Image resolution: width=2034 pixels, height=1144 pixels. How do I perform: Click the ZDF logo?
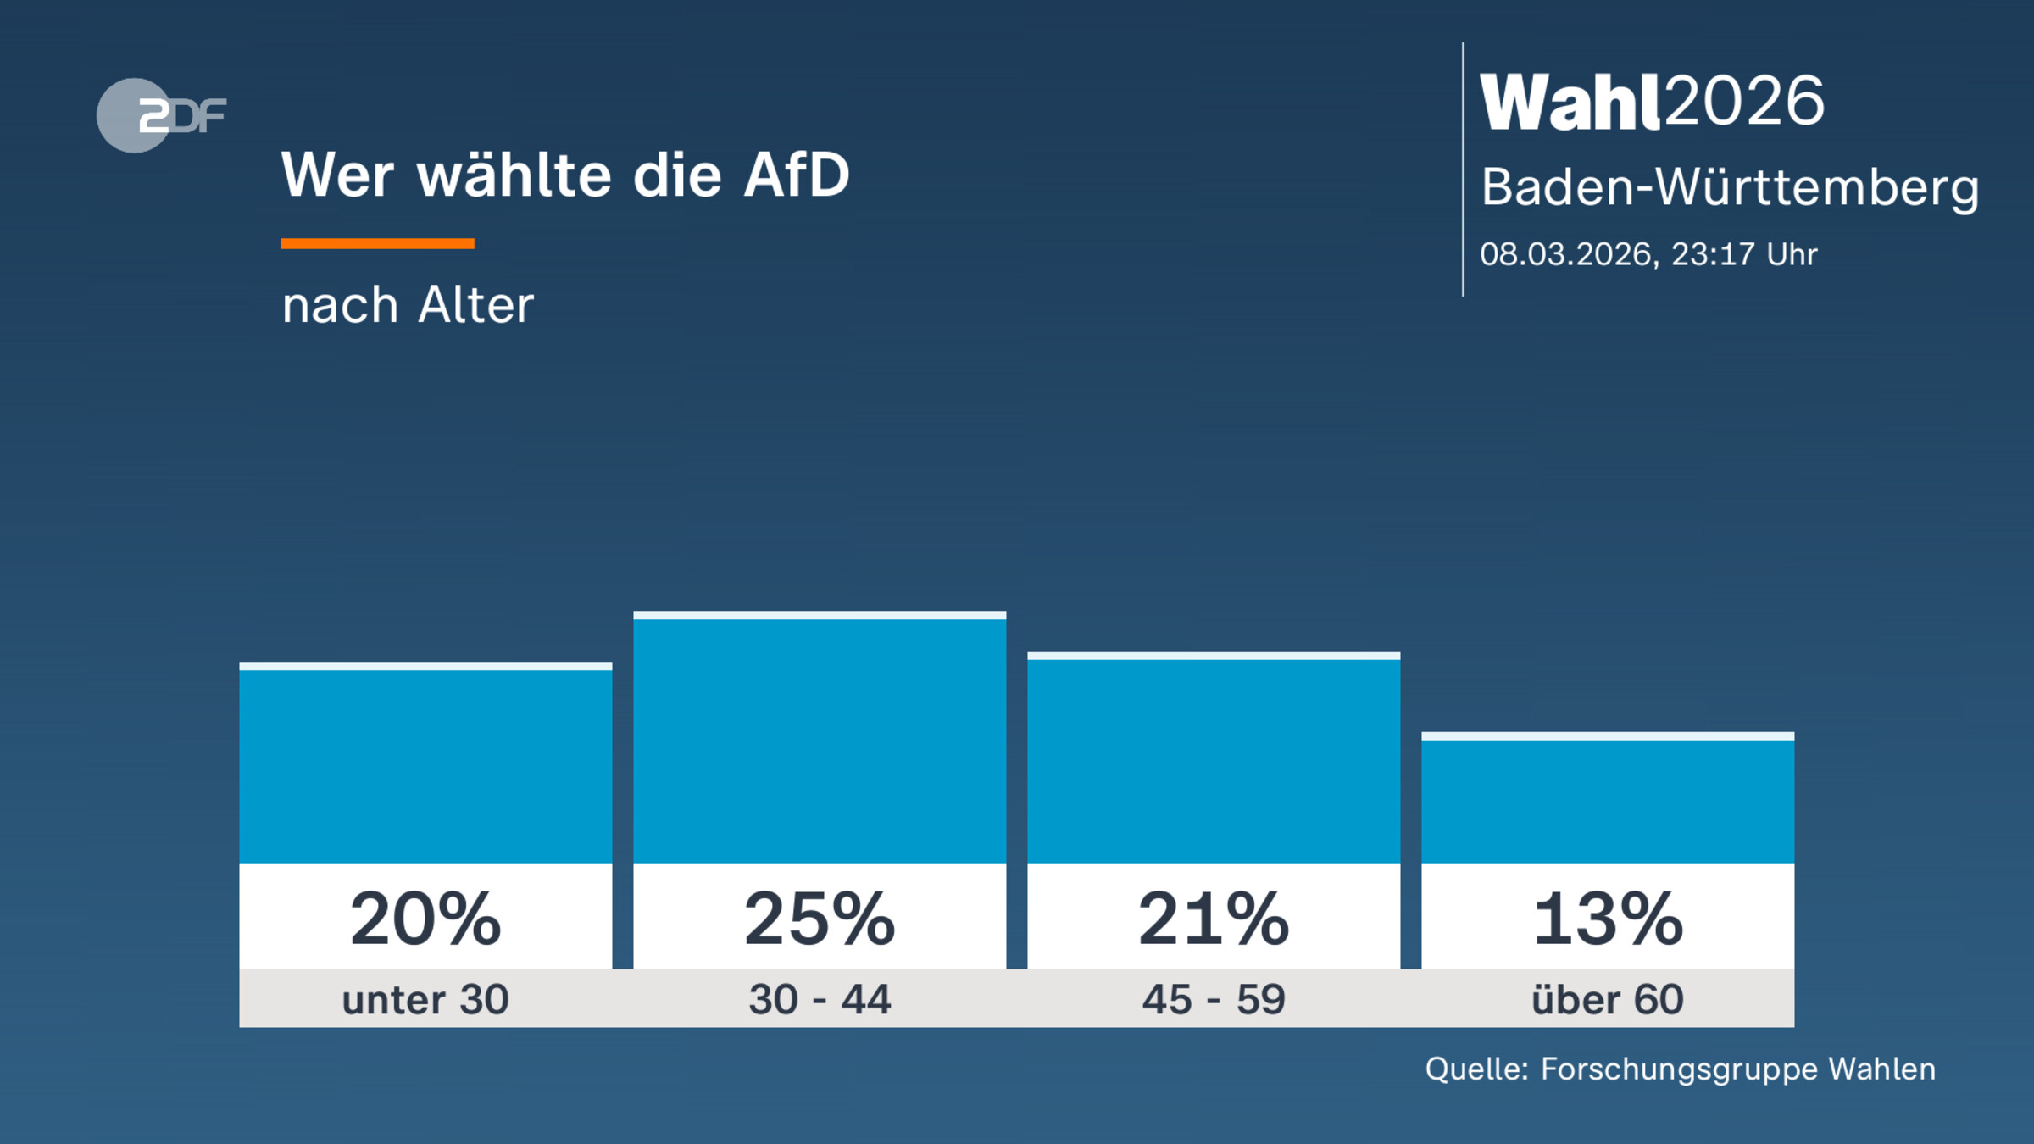tap(161, 115)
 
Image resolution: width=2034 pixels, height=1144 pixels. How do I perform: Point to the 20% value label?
tap(425, 919)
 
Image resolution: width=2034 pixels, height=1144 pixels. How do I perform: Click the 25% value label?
tap(820, 919)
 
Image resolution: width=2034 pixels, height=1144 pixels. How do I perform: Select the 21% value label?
tap(1214, 919)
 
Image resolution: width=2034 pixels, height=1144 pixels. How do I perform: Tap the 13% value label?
tap(1608, 919)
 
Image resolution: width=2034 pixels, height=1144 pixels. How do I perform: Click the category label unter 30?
tap(425, 999)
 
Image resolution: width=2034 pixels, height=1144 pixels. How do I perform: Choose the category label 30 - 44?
tap(820, 999)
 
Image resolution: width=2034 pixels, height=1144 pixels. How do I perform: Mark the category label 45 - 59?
tap(1214, 999)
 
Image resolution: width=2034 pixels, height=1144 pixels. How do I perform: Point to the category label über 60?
tap(1608, 999)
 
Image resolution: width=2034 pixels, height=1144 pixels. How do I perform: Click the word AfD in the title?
tap(796, 175)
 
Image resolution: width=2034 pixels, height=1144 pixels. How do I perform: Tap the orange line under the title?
tap(377, 243)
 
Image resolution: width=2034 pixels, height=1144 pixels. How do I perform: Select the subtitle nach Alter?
tap(408, 305)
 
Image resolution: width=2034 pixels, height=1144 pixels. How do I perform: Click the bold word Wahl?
tap(1570, 103)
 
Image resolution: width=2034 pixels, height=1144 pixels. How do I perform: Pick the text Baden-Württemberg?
tap(1729, 187)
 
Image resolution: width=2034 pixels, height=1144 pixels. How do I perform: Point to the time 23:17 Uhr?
tap(1744, 254)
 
